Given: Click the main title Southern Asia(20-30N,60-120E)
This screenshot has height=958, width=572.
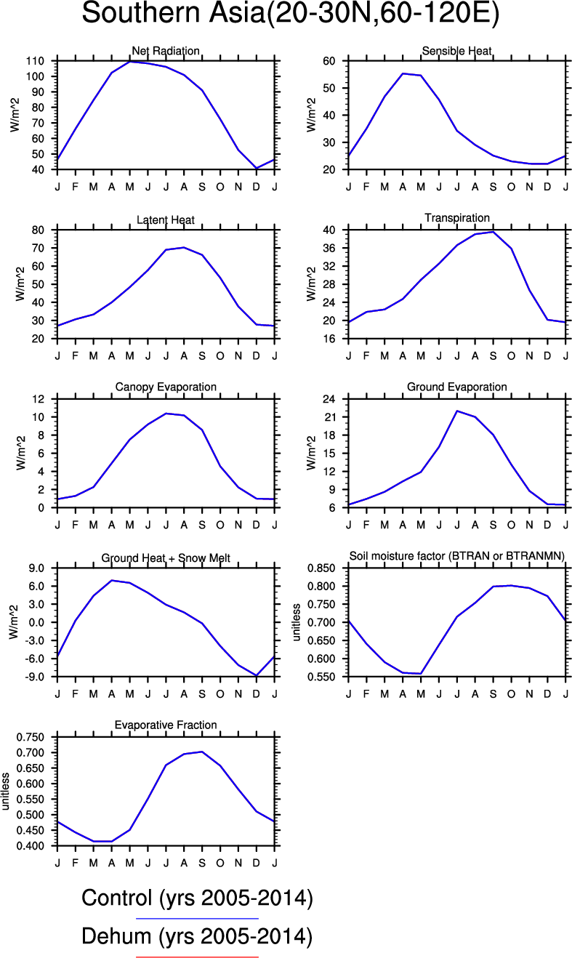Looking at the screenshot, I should (x=291, y=15).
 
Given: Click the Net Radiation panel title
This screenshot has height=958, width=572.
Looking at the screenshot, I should (x=166, y=51).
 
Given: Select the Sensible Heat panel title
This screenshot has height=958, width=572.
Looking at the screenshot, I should (x=456, y=51).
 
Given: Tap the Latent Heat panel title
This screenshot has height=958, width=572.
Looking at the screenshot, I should (x=166, y=220).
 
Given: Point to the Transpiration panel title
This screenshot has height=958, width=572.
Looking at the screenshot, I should (x=456, y=218).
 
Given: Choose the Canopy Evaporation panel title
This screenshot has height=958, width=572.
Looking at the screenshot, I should (x=166, y=387).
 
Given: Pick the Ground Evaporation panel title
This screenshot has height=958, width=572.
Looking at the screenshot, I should (x=456, y=387).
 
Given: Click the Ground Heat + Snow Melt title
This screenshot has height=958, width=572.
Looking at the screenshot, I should (x=166, y=558).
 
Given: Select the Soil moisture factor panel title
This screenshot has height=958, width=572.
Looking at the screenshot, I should (x=457, y=556).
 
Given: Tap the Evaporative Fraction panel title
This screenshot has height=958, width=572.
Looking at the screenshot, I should (x=166, y=725).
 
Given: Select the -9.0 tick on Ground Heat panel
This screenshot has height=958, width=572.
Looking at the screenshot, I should (x=36, y=677).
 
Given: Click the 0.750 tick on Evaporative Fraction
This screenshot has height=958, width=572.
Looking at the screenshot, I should (x=35, y=737).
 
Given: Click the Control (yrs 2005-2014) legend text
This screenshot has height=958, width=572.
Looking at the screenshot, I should (x=197, y=899).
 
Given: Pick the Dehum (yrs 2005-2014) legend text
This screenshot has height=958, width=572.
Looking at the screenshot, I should (x=197, y=938).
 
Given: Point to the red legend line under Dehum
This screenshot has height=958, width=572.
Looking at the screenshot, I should (x=197, y=957).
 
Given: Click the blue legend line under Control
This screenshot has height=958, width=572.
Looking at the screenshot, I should (x=197, y=919).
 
